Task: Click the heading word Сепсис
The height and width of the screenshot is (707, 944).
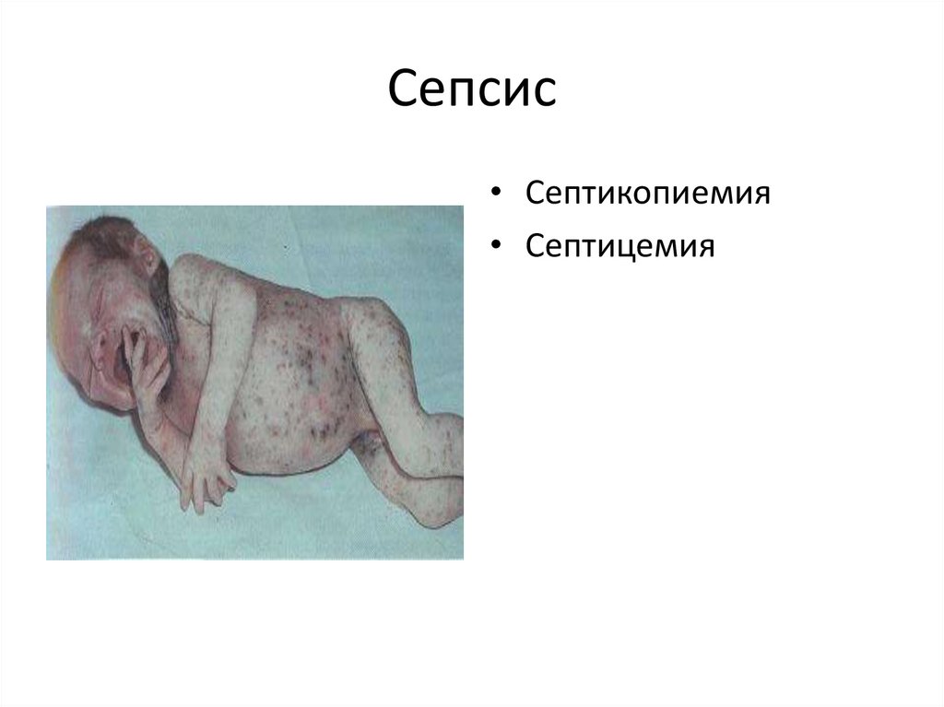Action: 472,90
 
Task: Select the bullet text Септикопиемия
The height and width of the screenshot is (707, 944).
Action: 648,194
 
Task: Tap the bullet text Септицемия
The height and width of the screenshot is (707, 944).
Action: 620,246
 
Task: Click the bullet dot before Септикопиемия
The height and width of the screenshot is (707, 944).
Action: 498,194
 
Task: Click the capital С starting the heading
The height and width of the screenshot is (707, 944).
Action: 403,90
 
